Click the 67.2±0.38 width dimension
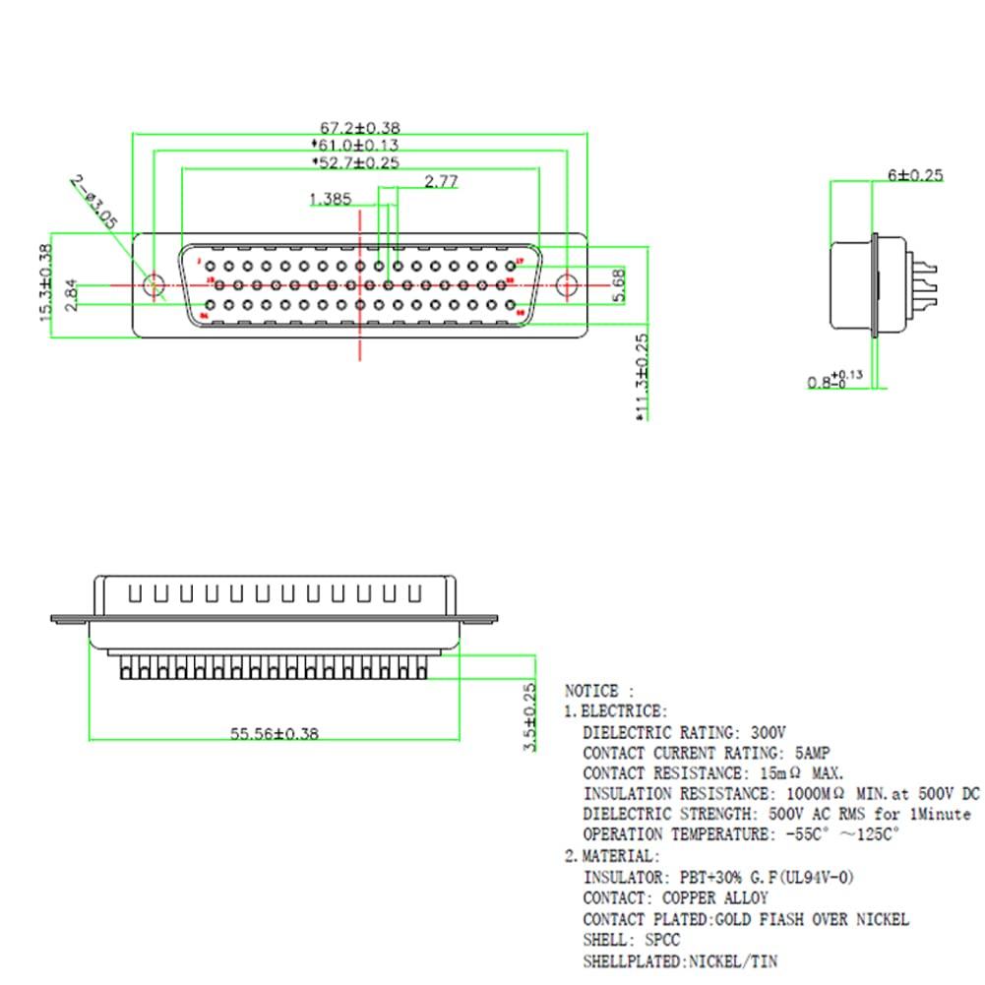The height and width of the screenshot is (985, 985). point(360,127)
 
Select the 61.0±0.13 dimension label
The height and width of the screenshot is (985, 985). point(360,145)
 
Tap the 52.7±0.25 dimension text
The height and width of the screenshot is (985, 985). point(358,162)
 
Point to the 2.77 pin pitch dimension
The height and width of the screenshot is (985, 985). point(441,181)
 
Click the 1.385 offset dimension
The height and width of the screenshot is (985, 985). point(330,199)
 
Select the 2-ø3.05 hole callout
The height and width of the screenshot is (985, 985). point(94,202)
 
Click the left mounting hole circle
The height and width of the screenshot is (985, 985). point(154,286)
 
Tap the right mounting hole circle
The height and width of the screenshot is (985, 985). point(567,286)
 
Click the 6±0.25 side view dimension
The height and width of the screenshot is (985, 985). point(915,175)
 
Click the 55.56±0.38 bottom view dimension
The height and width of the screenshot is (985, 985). point(275,733)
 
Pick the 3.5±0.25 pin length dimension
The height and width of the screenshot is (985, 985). point(530,716)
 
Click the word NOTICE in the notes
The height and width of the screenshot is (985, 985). point(591,691)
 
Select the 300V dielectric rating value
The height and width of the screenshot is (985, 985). point(769,732)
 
